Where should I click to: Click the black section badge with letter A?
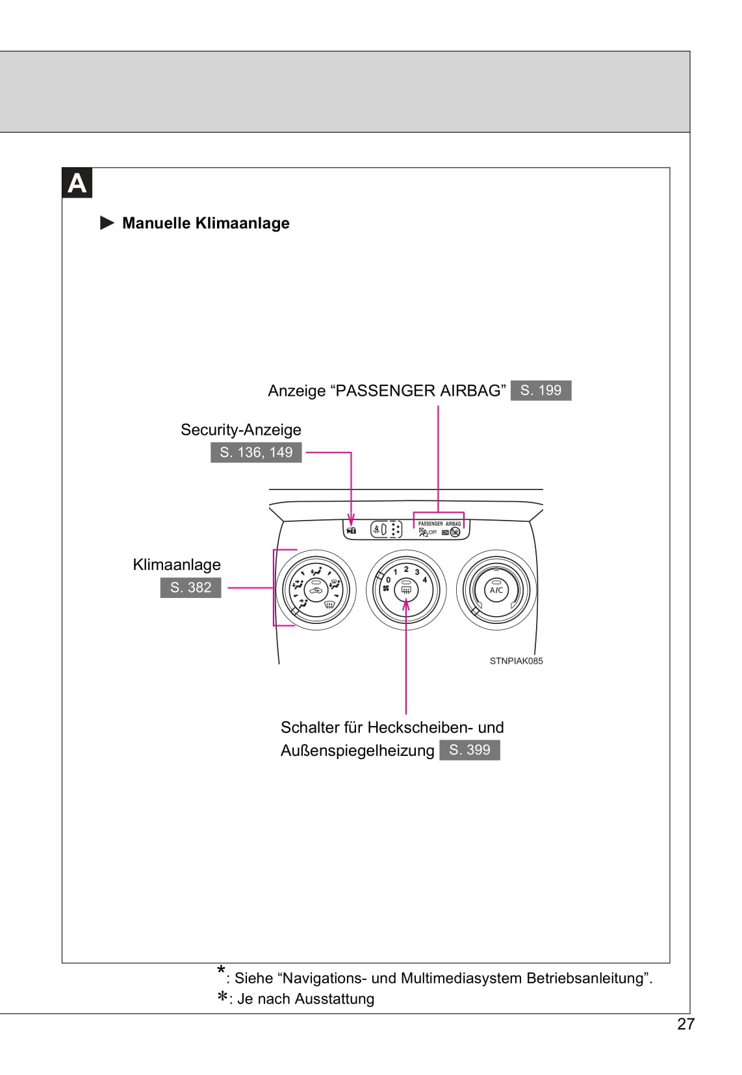click(77, 183)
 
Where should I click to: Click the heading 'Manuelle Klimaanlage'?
click(205, 223)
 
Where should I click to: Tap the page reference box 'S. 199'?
click(541, 390)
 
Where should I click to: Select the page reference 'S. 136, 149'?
click(256, 452)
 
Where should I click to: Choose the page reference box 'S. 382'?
click(190, 588)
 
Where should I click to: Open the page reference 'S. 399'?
click(469, 750)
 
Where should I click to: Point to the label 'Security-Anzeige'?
click(240, 430)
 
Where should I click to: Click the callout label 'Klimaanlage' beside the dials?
click(177, 564)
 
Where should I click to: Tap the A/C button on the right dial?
click(496, 590)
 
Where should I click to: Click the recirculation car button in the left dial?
click(316, 591)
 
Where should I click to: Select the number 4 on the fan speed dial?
click(425, 579)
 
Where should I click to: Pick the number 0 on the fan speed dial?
click(388, 579)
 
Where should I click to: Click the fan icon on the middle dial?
click(386, 589)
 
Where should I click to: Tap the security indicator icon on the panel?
click(352, 530)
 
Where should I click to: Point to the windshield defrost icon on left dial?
click(329, 605)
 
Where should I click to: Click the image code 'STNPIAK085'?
click(516, 661)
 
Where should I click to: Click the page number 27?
click(685, 1024)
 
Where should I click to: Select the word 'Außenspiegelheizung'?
click(357, 751)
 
